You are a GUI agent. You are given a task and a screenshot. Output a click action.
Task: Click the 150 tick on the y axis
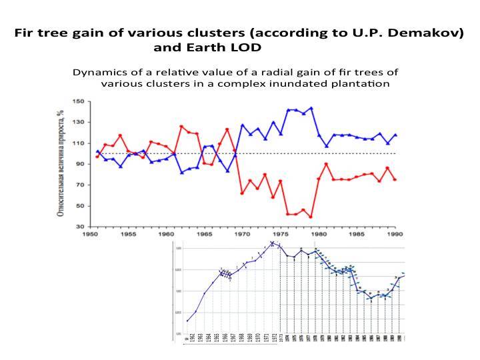[x=78, y=101]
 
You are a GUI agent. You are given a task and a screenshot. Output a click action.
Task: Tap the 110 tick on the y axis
[x=78, y=143]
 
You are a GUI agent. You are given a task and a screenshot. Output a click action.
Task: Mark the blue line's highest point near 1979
[x=311, y=108]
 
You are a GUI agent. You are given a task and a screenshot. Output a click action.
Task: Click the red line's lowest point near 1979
[x=311, y=217]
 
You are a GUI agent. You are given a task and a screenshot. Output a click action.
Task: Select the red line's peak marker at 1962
[x=181, y=126]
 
